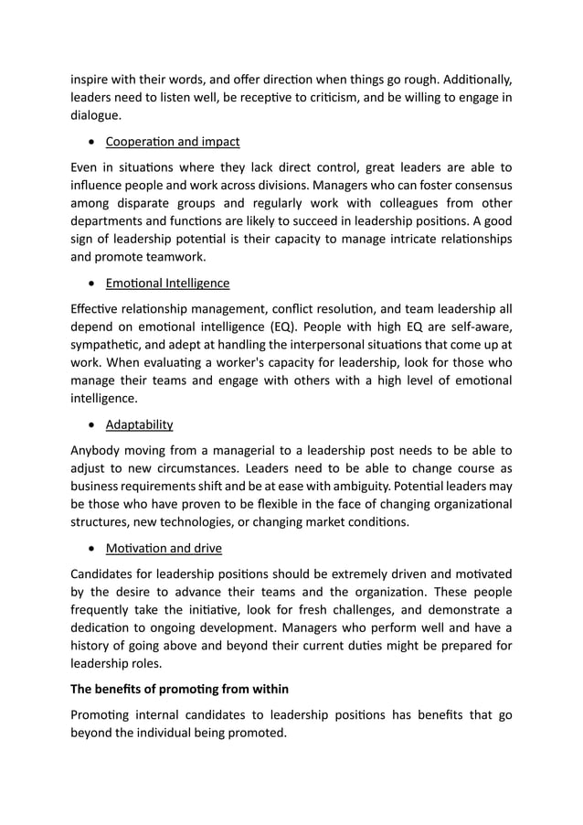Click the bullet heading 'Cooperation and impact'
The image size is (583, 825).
[173, 142]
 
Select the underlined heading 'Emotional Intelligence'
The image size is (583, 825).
[167, 284]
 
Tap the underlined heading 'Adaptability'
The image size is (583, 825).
[139, 424]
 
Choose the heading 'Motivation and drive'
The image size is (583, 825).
[163, 549]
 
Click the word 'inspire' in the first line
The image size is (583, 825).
[92, 80]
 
